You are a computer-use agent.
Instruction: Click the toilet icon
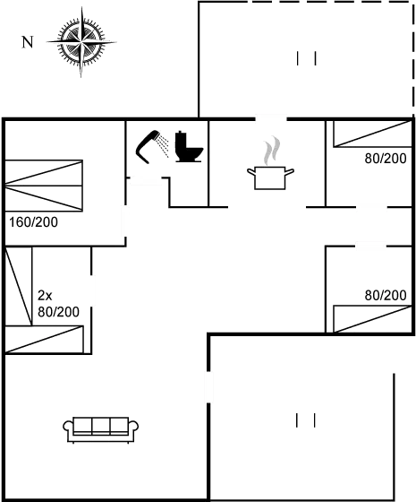(189, 147)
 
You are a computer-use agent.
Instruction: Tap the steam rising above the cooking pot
(272, 148)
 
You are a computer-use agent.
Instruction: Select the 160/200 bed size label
(32, 221)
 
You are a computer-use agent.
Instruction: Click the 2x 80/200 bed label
(57, 303)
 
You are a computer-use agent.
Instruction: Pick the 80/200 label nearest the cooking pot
(386, 159)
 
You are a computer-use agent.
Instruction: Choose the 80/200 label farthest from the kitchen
(386, 295)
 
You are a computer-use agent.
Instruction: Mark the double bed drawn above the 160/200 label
(45, 185)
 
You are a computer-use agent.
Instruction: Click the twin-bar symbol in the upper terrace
(306, 59)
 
